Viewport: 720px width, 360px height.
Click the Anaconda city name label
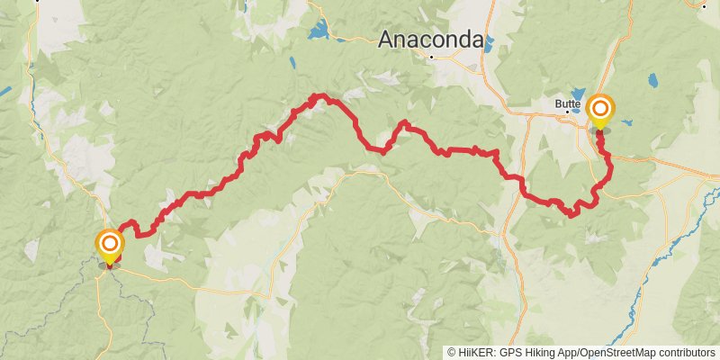click(430, 40)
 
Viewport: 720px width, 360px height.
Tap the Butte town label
click(566, 104)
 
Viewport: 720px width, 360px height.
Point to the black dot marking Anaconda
click(432, 58)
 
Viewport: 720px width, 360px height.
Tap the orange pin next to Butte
click(600, 111)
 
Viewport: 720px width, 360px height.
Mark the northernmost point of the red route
click(317, 94)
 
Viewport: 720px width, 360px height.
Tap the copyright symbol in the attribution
click(453, 353)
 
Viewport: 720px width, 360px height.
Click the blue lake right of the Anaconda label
click(490, 40)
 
